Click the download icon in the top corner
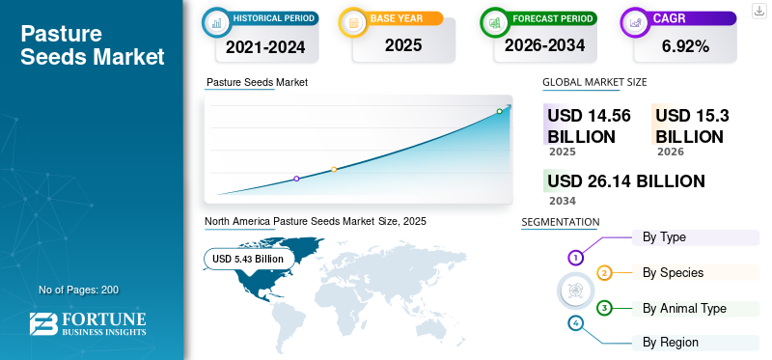point(759,11)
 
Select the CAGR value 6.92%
point(685,46)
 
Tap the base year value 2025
point(403,45)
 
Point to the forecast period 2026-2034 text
point(544,45)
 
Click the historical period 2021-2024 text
point(265,47)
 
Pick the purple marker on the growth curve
point(296,179)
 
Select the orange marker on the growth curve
point(334,170)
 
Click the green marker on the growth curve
point(499,111)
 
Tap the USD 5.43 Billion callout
point(248,259)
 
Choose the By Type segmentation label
point(664,237)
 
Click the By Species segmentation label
point(673,273)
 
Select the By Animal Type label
point(684,309)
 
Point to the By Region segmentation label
point(671,343)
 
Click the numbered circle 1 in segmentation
point(575,257)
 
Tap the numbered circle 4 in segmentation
point(575,323)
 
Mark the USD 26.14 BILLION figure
point(626,181)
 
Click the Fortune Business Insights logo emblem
point(43,324)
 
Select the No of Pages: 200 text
point(79,290)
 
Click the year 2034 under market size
point(563,201)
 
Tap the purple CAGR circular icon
point(636,22)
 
